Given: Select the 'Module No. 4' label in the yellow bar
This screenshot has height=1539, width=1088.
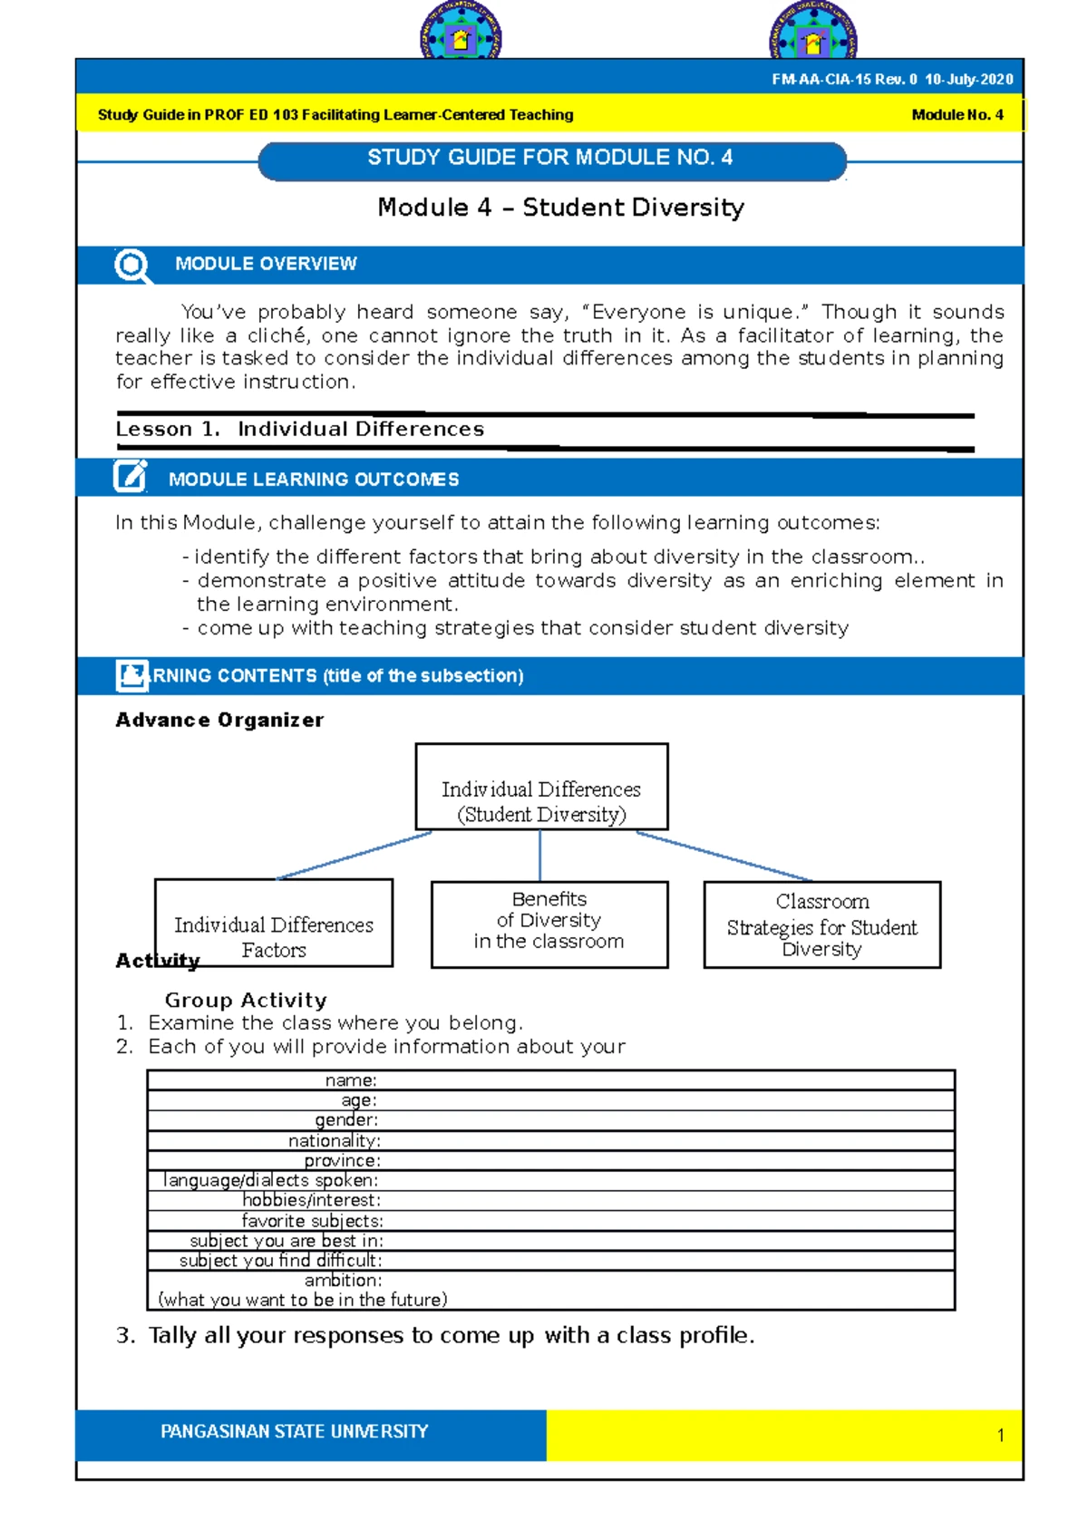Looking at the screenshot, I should tap(957, 115).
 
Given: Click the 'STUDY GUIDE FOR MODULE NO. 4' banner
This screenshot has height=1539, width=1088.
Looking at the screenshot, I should tap(551, 159).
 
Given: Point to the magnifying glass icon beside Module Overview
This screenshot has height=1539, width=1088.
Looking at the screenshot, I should tap(132, 266).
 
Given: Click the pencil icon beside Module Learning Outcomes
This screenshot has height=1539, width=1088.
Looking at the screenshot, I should tap(131, 477).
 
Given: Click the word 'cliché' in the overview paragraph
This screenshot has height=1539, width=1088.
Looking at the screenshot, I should tap(278, 335).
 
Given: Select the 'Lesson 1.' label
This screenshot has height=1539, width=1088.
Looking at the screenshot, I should tap(168, 430).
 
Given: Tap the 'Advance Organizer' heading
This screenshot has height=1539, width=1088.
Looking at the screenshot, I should tap(219, 721).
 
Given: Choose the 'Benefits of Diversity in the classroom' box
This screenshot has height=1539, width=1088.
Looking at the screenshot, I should tap(549, 923).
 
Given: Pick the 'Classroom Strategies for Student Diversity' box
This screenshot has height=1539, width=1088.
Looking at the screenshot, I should tap(821, 924).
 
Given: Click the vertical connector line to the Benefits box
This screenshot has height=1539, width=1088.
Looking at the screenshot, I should tap(540, 855).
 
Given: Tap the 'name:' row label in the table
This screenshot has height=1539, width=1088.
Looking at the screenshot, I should tap(351, 1080).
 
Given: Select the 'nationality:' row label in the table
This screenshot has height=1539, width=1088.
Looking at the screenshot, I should tap(335, 1141).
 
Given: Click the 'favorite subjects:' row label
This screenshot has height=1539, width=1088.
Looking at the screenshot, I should tap(312, 1221).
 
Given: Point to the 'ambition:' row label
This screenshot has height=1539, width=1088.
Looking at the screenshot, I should tap(343, 1281).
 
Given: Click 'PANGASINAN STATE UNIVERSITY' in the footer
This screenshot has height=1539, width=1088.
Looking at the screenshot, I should tap(294, 1432).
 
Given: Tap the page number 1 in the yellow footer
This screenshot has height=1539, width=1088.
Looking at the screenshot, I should tap(1000, 1436).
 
